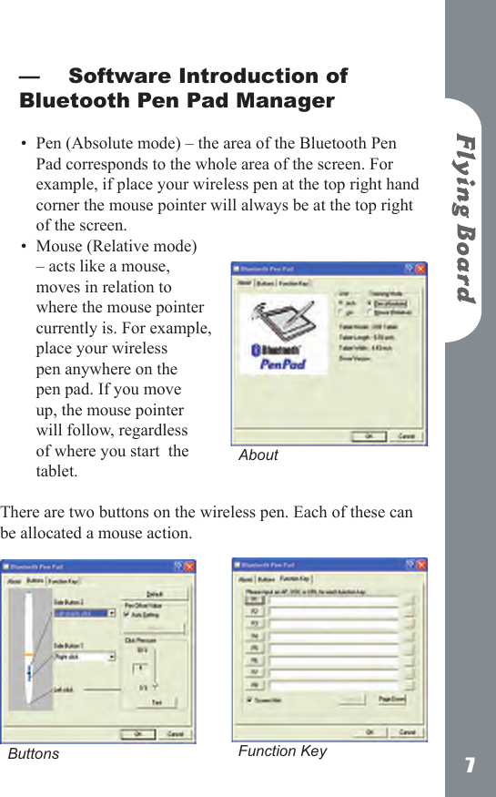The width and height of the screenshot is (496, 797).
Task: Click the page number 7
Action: coord(470,765)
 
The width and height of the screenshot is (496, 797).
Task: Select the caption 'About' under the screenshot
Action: coord(258,455)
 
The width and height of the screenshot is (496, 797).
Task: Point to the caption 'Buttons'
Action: coord(34,753)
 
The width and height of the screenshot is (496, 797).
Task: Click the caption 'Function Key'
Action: coord(282,751)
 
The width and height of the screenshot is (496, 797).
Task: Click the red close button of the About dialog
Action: coord(420,270)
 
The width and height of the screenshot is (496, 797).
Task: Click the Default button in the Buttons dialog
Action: coord(155,593)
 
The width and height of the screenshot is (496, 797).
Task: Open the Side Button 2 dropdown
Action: coord(85,614)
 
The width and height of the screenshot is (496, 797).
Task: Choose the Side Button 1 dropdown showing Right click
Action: coord(85,656)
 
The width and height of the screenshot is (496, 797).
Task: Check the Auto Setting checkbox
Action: coord(126,614)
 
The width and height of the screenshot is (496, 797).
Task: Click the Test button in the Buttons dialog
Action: coord(156,702)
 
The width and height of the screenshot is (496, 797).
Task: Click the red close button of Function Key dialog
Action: coord(420,565)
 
